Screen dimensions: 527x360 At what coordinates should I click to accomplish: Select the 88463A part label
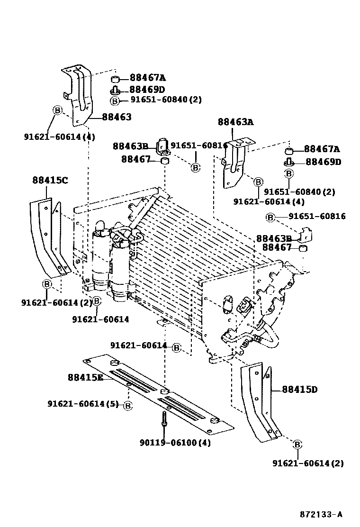(235, 122)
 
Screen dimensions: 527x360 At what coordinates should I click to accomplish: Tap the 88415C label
(50, 180)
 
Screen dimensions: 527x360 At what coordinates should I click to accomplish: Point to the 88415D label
(299, 390)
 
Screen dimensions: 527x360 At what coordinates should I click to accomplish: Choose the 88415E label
(85, 377)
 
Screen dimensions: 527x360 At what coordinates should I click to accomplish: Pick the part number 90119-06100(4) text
(175, 443)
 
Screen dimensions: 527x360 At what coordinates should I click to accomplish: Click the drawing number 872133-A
(320, 514)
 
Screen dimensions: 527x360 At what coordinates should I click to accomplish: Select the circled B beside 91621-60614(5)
(128, 405)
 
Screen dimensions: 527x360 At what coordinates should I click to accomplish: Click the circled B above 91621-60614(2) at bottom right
(297, 444)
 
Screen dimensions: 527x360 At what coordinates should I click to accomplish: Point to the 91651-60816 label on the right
(317, 216)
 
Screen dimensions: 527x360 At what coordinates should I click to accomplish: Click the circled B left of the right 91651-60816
(270, 217)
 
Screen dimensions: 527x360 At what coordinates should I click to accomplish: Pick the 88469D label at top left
(147, 90)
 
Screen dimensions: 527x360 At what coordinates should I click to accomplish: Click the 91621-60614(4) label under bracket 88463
(59, 137)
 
